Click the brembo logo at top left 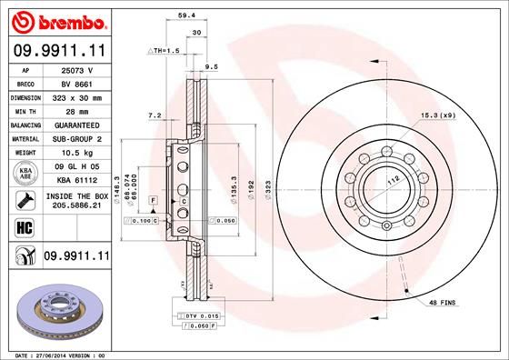[x=59, y=20]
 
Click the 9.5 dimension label [x=212, y=66]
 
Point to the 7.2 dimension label [x=154, y=115]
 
